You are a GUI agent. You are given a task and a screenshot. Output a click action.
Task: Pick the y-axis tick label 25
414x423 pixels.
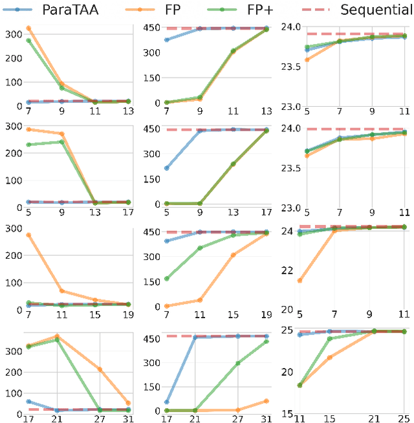287,331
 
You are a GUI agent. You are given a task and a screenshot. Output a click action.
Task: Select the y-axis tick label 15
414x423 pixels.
287,413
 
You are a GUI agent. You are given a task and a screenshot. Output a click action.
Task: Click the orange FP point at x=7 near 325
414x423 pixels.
28,28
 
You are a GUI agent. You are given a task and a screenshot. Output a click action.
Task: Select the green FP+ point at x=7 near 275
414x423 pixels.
28,41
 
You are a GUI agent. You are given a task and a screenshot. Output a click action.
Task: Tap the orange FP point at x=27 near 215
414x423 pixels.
100,369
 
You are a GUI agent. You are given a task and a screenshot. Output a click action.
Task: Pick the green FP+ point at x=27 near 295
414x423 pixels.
238,363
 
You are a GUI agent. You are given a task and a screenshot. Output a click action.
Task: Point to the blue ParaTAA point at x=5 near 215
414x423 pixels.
167,168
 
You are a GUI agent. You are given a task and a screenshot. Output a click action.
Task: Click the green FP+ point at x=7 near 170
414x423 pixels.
167,279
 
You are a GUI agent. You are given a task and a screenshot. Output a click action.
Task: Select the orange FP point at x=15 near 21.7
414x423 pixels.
330,357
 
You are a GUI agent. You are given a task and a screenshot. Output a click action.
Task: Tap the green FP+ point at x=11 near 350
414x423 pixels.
201,248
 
